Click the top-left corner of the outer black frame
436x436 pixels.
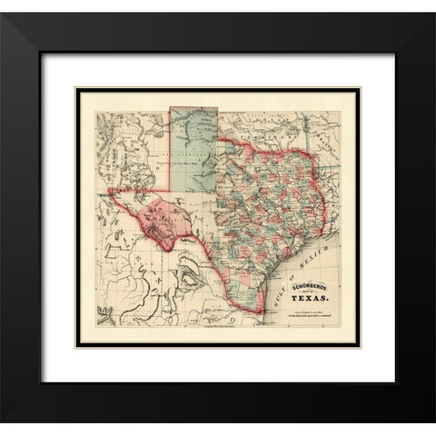coord(2,2)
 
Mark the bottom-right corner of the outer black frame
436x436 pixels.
coord(433,433)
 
